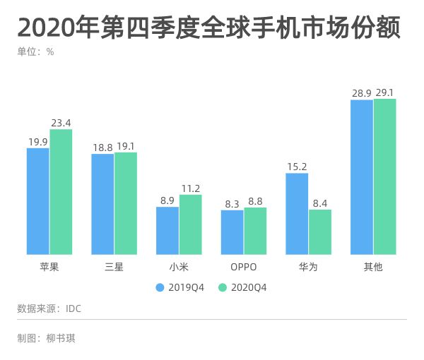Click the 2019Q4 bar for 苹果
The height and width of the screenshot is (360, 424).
pyautogui.click(x=38, y=201)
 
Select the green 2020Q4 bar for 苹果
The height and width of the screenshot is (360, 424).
pyautogui.click(x=61, y=192)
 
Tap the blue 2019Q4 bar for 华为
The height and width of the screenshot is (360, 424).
pyautogui.click(x=297, y=214)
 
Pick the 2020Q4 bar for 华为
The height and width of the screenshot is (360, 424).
pyautogui.click(x=320, y=232)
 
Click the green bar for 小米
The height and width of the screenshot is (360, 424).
pyautogui.click(x=190, y=224)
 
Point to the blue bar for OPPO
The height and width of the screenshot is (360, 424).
pyautogui.click(x=232, y=232)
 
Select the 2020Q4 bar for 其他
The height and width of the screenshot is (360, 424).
pyautogui.click(x=385, y=176)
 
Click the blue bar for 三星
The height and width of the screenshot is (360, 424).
pyautogui.click(x=102, y=204)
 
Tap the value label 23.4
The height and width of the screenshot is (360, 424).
pyautogui.click(x=61, y=123)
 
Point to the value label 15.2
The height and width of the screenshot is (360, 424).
pyautogui.click(x=297, y=167)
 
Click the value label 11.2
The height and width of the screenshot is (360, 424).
pyautogui.click(x=190, y=188)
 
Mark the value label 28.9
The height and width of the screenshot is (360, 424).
pyautogui.click(x=362, y=93)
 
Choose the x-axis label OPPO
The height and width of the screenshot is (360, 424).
pyautogui.click(x=243, y=267)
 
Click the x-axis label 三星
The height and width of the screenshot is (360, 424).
pyautogui.click(x=114, y=267)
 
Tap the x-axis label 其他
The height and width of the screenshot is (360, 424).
pyautogui.click(x=373, y=267)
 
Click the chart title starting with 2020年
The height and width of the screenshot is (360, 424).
pyautogui.click(x=209, y=29)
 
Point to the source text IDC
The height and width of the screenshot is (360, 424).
pyautogui.click(x=73, y=308)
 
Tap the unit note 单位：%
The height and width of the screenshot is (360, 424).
pyautogui.click(x=35, y=52)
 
